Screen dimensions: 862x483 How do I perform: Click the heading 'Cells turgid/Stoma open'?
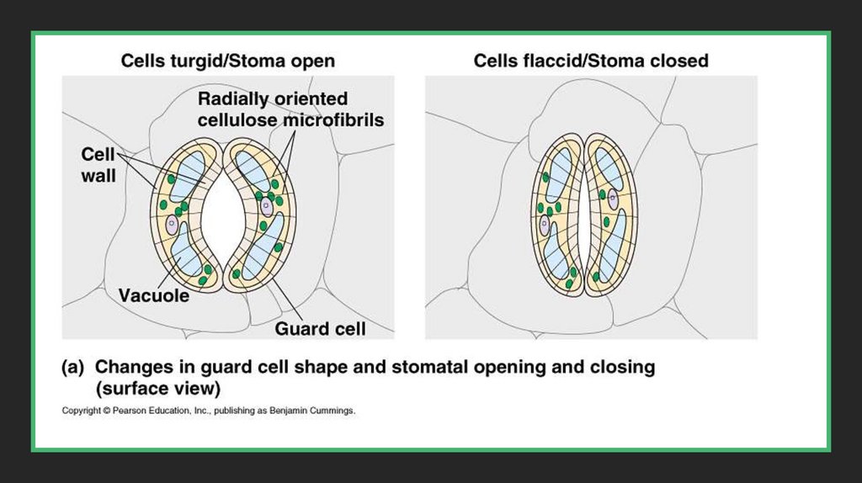227,61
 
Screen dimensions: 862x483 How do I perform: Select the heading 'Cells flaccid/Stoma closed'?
590,61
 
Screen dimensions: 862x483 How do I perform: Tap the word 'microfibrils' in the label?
336,120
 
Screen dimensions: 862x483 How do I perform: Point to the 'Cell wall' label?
98,165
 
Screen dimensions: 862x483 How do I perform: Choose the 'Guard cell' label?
320,329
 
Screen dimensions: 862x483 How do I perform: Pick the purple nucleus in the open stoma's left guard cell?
173,224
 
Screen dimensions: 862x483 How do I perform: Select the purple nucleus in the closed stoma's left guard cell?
545,226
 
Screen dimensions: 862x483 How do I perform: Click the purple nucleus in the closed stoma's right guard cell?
613,199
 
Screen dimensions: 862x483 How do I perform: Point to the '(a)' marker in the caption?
73,368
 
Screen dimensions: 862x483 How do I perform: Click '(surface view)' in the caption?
158,388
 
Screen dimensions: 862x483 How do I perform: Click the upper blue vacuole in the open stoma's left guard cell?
186,172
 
